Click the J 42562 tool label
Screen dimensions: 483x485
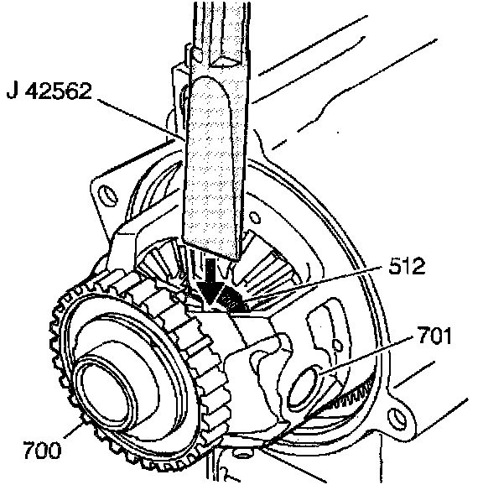coord(49,91)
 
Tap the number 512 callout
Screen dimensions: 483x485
coord(407,266)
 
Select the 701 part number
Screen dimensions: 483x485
coord(435,336)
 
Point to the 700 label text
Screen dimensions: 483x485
coord(42,450)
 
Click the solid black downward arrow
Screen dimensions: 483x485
coord(210,281)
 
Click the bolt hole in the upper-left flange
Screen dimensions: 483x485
coord(107,196)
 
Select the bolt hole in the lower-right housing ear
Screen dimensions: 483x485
coord(397,419)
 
